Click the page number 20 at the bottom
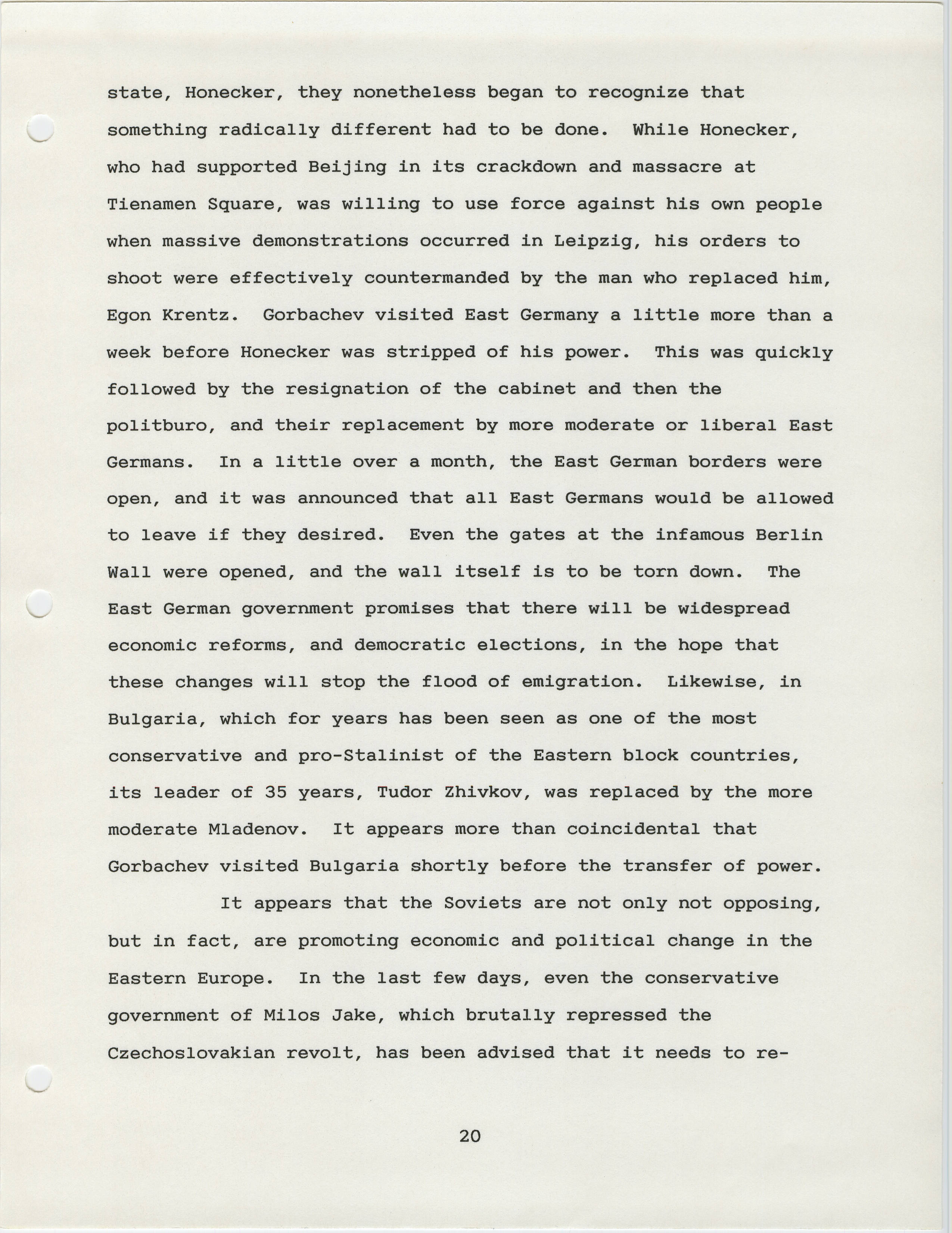(x=469, y=1135)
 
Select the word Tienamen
(x=151, y=205)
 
